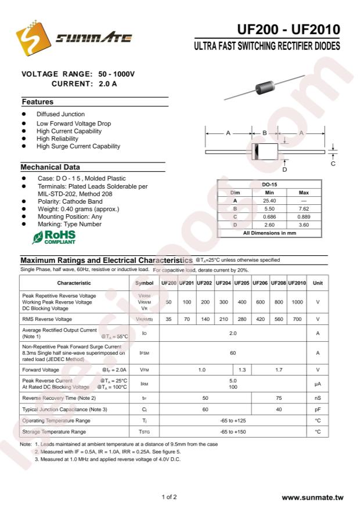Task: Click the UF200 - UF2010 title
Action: point(289,30)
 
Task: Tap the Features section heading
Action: point(38,102)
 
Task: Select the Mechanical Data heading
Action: point(51,167)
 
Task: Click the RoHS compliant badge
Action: point(54,237)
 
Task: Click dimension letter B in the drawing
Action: point(264,133)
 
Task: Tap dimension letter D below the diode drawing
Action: point(285,169)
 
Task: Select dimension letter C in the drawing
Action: point(333,164)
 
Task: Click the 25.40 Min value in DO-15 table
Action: point(269,200)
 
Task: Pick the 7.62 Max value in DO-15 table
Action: point(304,208)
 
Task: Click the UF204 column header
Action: point(223,283)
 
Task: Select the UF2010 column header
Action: point(297,283)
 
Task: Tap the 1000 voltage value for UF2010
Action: point(297,302)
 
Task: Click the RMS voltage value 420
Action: point(260,319)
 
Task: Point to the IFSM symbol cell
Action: point(144,352)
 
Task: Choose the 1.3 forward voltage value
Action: point(242,370)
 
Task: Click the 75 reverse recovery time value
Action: point(279,398)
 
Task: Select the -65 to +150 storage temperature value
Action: point(233,432)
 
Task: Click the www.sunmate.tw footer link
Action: point(312,498)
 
